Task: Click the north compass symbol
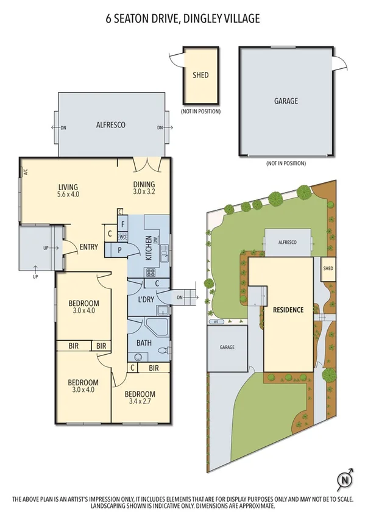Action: tap(344, 479)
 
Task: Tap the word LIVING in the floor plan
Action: tap(68, 186)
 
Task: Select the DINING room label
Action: tap(144, 185)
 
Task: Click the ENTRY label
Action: tap(90, 247)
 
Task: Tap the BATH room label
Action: tap(144, 343)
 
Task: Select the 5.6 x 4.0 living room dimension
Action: tap(68, 194)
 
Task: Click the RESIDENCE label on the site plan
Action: tap(288, 310)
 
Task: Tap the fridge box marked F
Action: tap(124, 224)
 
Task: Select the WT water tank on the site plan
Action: tap(214, 321)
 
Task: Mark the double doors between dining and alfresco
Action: tap(147, 163)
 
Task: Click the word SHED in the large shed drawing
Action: tap(200, 75)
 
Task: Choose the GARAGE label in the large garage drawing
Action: tap(286, 101)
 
